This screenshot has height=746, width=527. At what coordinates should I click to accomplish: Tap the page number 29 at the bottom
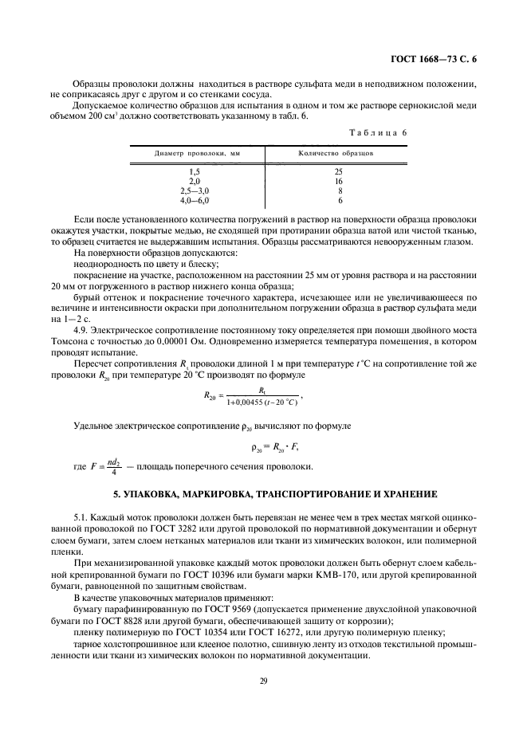(262, 679)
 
